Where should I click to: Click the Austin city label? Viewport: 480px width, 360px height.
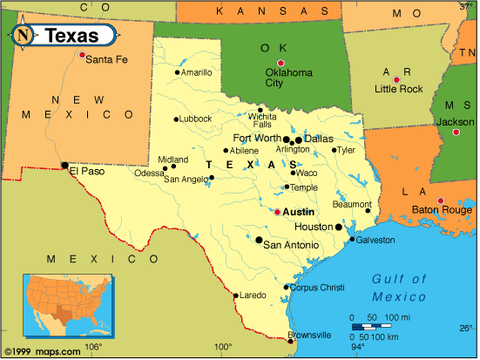(x=299, y=212)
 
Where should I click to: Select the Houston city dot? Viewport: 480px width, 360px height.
(x=339, y=227)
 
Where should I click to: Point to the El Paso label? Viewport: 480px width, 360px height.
(x=86, y=171)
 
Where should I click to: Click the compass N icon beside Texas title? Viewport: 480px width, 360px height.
(x=24, y=36)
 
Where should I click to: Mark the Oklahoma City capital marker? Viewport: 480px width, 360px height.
(x=281, y=63)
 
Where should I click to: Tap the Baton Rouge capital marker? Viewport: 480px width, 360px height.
(x=440, y=200)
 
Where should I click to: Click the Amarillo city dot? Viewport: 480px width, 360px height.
(x=177, y=72)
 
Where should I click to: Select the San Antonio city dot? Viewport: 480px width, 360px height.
(x=259, y=239)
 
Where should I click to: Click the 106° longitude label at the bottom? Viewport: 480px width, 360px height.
(x=93, y=347)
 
